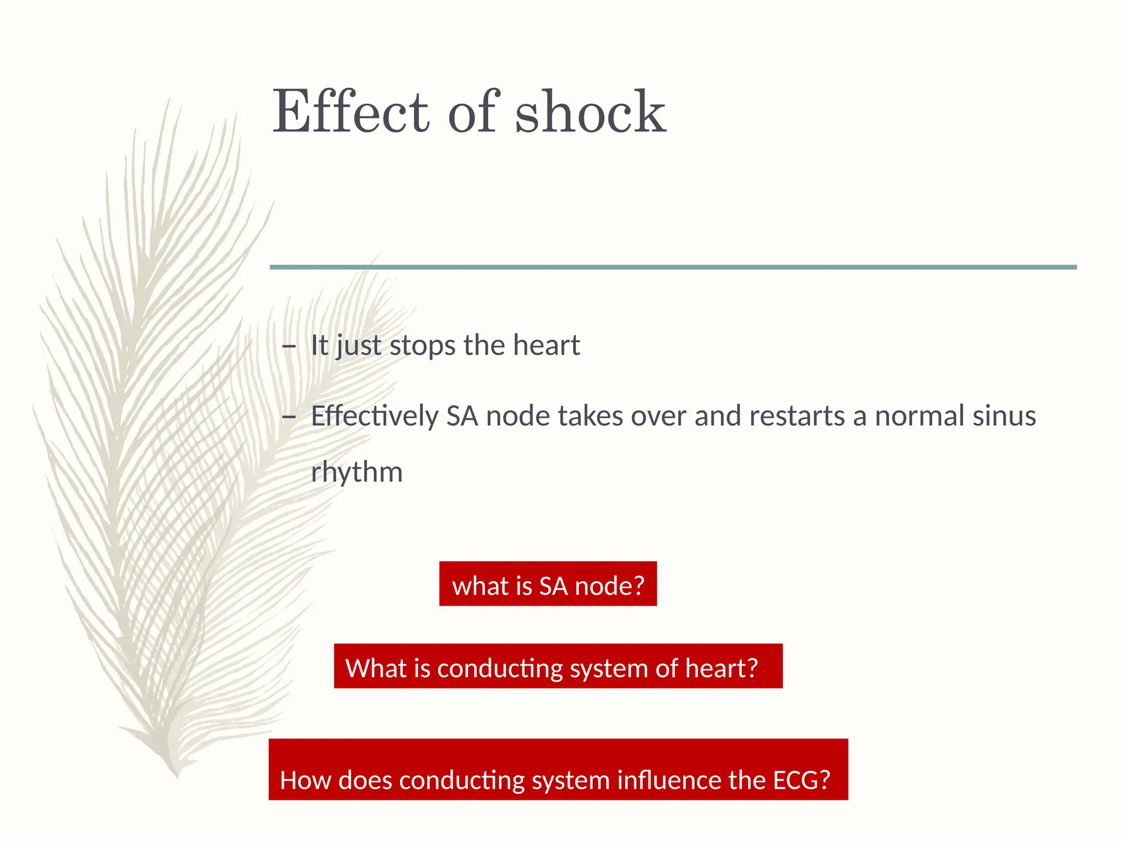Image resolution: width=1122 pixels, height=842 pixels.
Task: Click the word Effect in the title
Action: [351, 112]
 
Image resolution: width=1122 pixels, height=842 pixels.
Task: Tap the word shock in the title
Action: [590, 112]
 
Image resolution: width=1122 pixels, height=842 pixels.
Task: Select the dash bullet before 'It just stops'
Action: [288, 346]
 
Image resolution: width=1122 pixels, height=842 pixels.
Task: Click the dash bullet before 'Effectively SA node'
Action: [288, 417]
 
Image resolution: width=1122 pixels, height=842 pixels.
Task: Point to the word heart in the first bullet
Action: [546, 345]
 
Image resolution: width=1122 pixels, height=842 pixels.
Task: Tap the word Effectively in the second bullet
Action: [375, 416]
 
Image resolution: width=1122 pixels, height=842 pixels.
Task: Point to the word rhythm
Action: [357, 473]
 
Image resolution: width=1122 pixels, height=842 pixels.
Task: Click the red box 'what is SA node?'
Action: [548, 584]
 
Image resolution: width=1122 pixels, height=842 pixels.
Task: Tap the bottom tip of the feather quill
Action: [177, 776]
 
